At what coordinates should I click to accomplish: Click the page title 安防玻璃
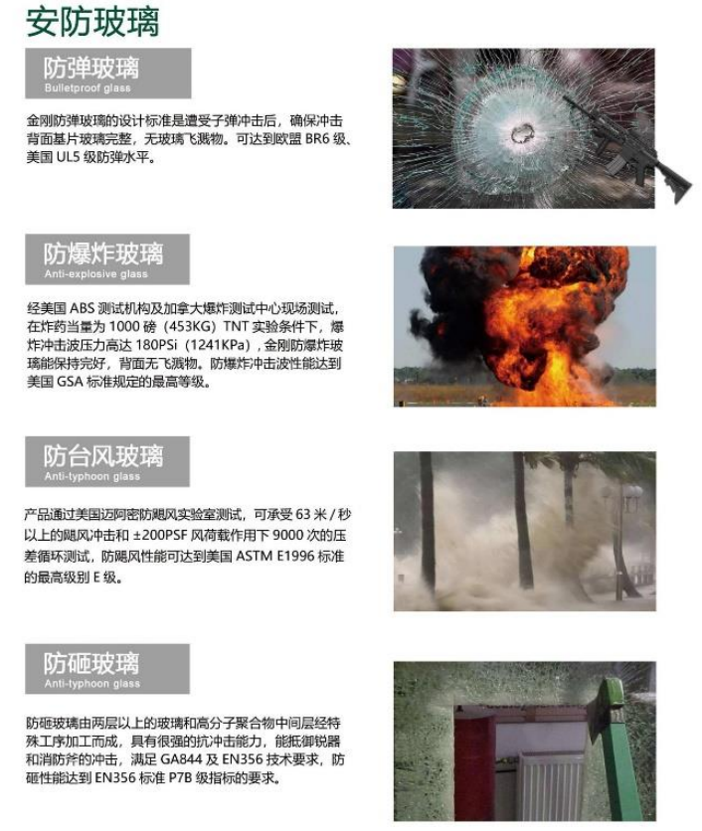point(92,22)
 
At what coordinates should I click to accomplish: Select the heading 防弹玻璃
point(91,68)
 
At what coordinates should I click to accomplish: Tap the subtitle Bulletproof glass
point(88,88)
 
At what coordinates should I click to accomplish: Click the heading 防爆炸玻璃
point(103,253)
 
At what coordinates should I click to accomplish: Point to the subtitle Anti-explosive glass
point(96,274)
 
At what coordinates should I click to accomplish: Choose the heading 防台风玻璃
point(103,456)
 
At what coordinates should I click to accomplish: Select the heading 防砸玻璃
point(91,663)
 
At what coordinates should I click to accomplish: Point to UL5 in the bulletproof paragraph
point(68,157)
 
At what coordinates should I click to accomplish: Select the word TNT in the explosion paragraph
point(236,326)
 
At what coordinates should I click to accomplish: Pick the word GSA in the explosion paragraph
point(70,382)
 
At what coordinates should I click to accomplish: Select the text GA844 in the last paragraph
point(181,759)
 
